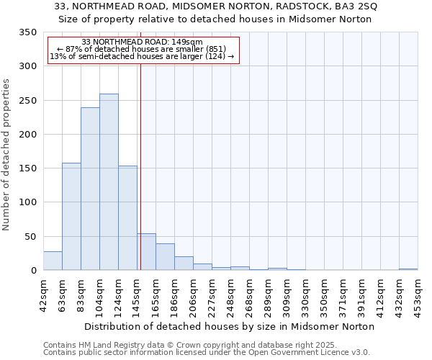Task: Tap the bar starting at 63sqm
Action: point(71,217)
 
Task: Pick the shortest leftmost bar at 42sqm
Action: point(53,261)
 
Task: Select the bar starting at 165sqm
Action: point(165,257)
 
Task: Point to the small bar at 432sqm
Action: point(408,269)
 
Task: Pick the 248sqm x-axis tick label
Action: point(231,293)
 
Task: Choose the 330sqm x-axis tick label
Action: point(306,293)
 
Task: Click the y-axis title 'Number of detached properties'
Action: point(6,154)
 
